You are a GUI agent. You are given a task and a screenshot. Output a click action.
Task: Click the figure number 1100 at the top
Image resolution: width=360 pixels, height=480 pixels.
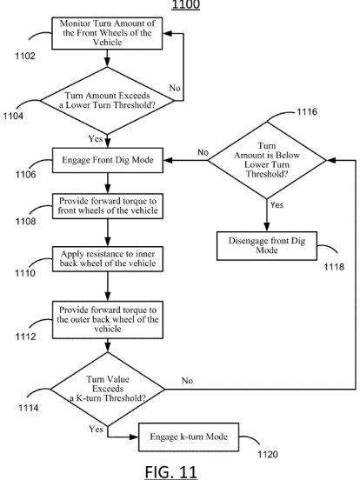tap(186, 4)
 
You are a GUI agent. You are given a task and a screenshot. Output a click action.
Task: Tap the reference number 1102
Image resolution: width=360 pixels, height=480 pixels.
tap(25, 56)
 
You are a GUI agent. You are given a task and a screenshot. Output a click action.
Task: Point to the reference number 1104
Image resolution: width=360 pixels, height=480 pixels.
tap(13, 116)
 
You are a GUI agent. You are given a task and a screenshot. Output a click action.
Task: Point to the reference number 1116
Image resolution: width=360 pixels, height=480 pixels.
tap(307, 111)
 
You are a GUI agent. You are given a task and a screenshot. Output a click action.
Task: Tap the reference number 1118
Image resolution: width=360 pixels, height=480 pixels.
tap(334, 267)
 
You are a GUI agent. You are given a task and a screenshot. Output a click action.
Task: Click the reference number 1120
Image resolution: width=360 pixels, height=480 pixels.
tap(268, 454)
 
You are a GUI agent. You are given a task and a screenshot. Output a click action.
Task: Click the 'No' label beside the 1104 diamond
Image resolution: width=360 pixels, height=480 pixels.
tap(175, 88)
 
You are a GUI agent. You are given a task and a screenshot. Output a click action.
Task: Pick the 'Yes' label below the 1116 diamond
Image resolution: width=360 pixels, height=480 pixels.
tap(277, 205)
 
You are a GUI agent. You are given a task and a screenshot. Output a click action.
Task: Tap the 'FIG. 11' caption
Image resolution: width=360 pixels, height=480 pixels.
tap(170, 471)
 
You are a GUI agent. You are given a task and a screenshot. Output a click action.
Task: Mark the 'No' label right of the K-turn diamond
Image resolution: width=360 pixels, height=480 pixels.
tap(187, 381)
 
